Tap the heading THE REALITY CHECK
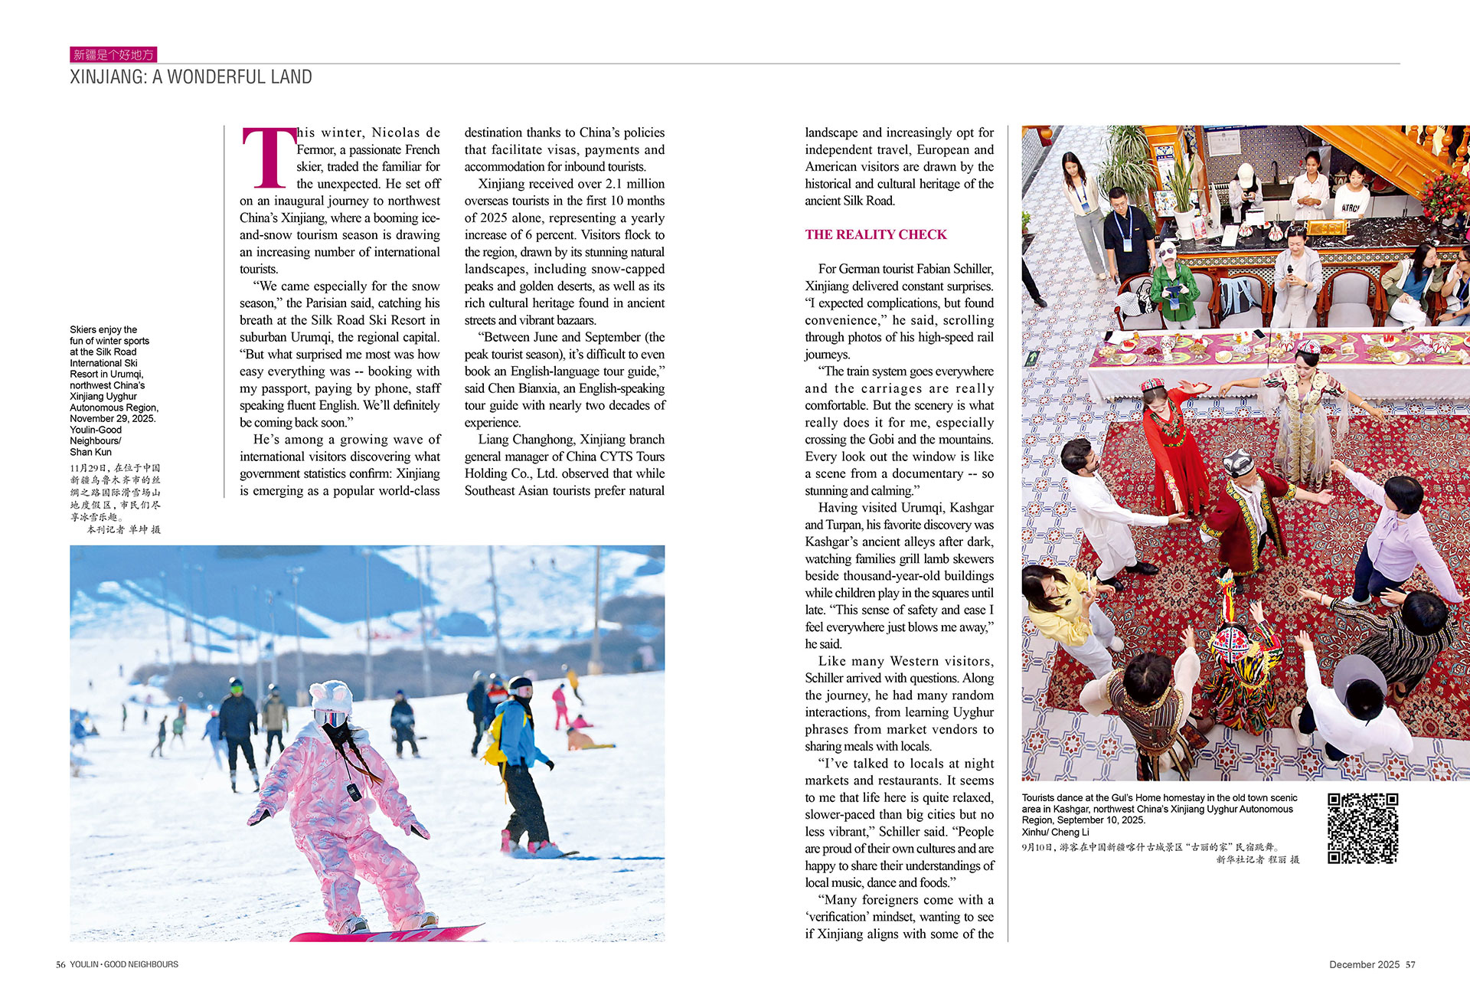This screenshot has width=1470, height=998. click(875, 234)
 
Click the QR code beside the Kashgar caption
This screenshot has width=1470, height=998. click(1362, 828)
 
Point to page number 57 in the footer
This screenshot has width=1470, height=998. click(1410, 964)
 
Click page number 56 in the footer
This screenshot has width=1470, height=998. click(60, 964)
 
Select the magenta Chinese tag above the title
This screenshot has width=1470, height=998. click(113, 54)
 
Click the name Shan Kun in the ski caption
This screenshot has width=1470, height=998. click(90, 452)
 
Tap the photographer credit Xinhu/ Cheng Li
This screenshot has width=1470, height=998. click(1055, 832)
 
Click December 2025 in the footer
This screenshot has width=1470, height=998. click(1364, 964)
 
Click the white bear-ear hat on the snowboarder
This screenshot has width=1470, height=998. click(331, 697)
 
